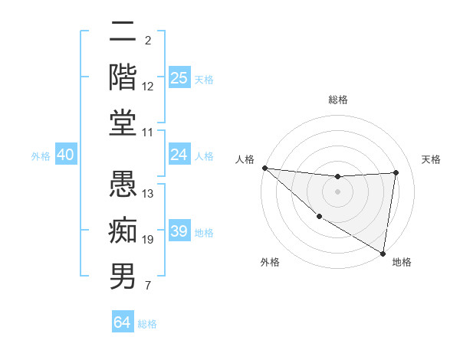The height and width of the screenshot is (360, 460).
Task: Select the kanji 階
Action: click(x=123, y=76)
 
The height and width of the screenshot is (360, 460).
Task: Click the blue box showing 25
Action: click(x=179, y=78)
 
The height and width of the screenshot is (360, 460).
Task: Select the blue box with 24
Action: click(x=179, y=155)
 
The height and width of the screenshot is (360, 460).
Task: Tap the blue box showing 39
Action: click(x=179, y=231)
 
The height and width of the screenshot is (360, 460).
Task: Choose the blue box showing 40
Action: click(x=65, y=155)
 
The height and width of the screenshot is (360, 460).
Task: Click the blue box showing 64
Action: click(x=122, y=322)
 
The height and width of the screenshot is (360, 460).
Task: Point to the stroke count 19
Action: click(x=148, y=240)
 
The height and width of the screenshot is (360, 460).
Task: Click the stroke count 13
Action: click(x=148, y=194)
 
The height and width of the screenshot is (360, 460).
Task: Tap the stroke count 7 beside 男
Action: click(x=148, y=286)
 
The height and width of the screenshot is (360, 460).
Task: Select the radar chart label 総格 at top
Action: click(x=338, y=100)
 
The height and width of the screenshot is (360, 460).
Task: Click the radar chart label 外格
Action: click(x=269, y=263)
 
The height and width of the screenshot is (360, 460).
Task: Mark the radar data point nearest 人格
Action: click(x=264, y=168)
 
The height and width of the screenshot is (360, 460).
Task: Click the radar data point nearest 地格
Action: click(x=383, y=253)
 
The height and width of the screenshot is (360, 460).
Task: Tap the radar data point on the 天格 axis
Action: click(x=396, y=172)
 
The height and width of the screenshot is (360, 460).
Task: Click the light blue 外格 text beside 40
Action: click(x=41, y=155)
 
